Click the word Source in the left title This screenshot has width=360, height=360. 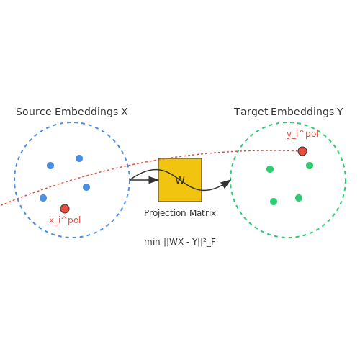coord(34,112)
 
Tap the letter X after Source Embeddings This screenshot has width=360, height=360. coord(125,112)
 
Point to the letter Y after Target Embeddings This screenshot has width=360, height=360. coord(340,112)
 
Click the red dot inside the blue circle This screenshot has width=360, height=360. coord(65,209)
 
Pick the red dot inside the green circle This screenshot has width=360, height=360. coord(302,151)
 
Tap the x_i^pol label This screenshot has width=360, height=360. coord(65,220)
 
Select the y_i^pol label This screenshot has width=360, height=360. coord(302,134)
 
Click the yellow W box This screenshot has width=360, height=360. coord(180,180)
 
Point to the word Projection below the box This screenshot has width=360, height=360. coord(165,213)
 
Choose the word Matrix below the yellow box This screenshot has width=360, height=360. coord(202,213)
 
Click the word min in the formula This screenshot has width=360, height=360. coord(152,242)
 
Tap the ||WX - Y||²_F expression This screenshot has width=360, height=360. coord(189,242)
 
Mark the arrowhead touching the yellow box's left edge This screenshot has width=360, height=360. coord(153,180)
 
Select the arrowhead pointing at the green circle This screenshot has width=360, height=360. coord(225,184)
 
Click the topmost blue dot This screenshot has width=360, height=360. coord(79,158)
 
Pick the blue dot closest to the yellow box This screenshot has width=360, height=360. coord(86,187)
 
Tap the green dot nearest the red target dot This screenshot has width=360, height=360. coord(310,166)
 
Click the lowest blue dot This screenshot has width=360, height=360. coord(43,198)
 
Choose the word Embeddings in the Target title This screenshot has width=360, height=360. coord(302,112)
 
